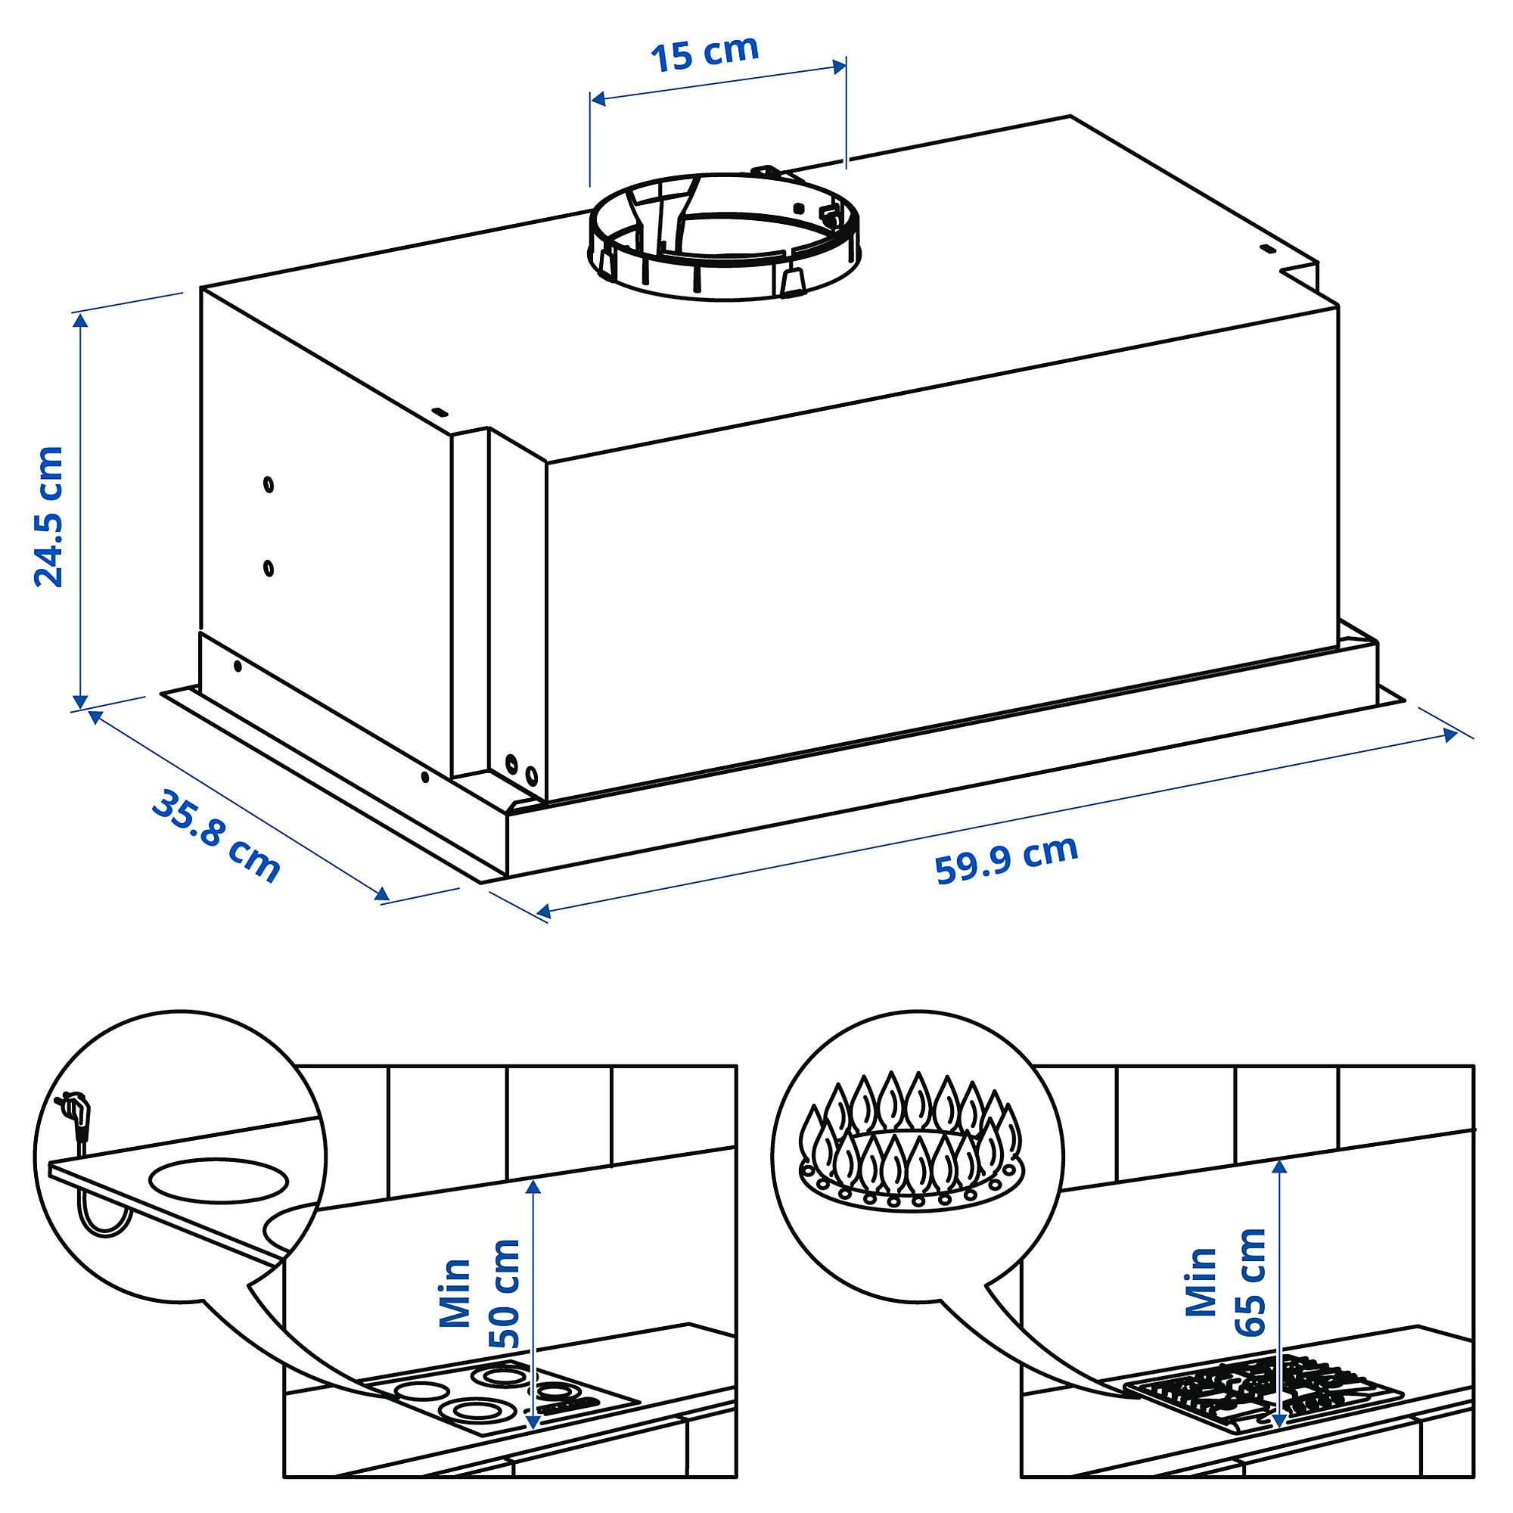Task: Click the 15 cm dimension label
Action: tap(705, 53)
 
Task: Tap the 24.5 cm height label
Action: tap(48, 517)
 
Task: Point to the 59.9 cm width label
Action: tap(1006, 861)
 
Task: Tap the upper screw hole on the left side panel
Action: tap(269, 485)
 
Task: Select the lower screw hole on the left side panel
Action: tap(269, 568)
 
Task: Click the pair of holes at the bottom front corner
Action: tap(521, 771)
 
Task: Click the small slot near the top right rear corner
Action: tap(1266, 250)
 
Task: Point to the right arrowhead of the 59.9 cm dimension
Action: tap(1449, 736)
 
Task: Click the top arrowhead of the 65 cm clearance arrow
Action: tap(1280, 1166)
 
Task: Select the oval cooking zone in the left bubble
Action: tap(219, 1180)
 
